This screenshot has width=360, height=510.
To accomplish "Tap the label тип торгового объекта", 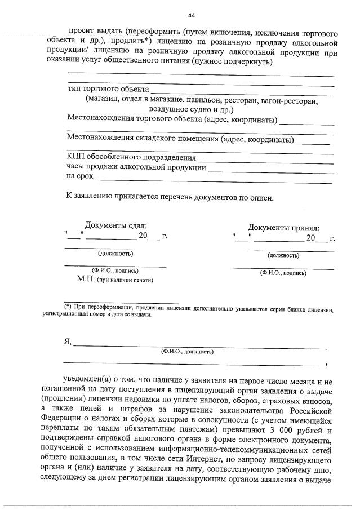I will (108, 89).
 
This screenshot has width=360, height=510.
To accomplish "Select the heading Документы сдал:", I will (115, 225).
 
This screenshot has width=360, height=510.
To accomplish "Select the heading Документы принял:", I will (283, 228).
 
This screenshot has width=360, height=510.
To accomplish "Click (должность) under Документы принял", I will (283, 255).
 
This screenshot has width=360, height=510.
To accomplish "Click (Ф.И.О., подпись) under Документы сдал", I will (115, 270).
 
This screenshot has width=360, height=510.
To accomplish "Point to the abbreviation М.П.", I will (86, 279).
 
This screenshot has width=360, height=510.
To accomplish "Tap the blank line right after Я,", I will (200, 342).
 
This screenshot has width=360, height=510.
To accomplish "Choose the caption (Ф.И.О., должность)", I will (186, 351).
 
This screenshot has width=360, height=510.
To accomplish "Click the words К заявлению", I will (86, 197).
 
